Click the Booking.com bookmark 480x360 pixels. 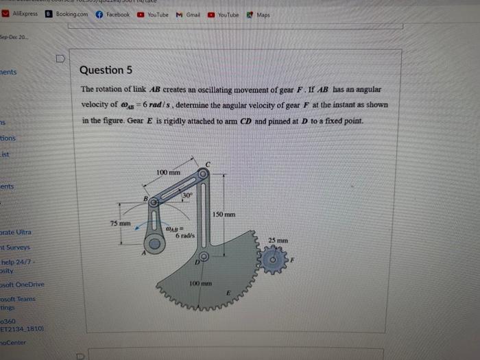tap(67, 14)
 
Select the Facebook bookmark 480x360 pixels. tap(113, 14)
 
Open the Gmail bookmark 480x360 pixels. tap(189, 14)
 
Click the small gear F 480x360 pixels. tap(274, 260)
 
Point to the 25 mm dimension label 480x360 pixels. tap(278, 241)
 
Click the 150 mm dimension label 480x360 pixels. tap(224, 215)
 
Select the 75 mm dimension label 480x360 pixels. tap(120, 224)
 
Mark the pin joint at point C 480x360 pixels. tap(204, 174)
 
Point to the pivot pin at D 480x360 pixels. tap(202, 258)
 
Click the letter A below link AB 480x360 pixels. tap(144, 252)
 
